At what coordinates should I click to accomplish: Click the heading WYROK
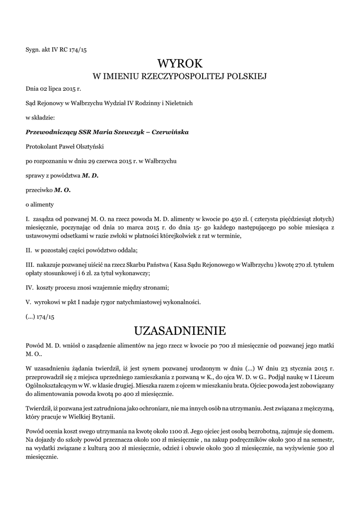(x=180, y=63)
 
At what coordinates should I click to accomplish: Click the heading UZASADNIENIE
(x=180, y=330)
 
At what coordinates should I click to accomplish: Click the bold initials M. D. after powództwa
(x=90, y=175)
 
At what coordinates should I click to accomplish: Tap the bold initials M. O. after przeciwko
(x=63, y=190)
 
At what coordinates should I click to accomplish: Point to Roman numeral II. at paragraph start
(x=28, y=250)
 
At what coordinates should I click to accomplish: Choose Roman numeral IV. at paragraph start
(x=29, y=287)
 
